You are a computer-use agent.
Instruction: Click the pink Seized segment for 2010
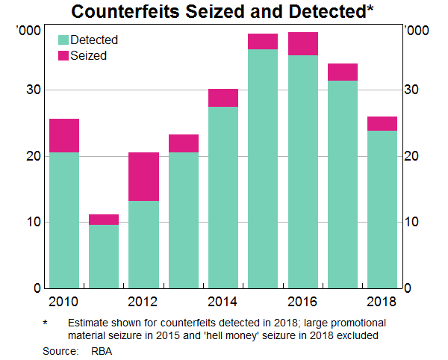64,135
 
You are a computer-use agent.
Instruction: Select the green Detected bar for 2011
104,256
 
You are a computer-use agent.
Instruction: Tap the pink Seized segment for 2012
143,176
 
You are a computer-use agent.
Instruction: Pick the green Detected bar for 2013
184,220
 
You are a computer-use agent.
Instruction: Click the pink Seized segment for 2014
223,98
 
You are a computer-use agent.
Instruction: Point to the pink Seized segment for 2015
263,42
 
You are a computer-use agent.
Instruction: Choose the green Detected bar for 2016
302,172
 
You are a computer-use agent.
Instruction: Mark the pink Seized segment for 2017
342,72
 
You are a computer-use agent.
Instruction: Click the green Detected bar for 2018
382,209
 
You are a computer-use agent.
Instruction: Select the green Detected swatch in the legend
63,40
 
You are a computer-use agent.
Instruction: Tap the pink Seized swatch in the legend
63,55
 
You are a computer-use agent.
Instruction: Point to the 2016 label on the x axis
302,302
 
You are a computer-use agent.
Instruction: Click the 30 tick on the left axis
34,90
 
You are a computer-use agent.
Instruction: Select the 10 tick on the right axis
411,223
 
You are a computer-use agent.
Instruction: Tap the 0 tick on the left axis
37,288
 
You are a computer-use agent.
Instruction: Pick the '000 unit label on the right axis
416,31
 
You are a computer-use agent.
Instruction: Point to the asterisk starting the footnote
45,323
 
